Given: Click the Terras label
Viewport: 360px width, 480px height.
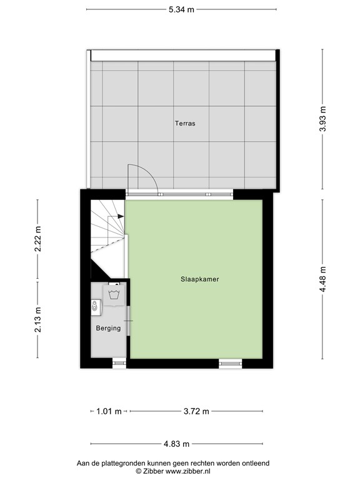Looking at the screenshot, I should [184, 123].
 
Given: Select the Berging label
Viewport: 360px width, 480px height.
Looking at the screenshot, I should [107, 327].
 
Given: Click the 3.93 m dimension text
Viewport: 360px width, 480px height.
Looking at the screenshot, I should [322, 118].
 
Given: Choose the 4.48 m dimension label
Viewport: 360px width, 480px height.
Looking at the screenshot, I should [322, 279].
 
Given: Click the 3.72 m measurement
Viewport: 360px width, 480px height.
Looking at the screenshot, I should [196, 411].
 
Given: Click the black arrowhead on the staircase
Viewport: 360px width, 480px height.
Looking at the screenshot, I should [118, 216].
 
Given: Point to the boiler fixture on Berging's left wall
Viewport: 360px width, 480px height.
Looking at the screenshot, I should [94, 307].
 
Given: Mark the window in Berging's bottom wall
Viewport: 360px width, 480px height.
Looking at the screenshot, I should [119, 362].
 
